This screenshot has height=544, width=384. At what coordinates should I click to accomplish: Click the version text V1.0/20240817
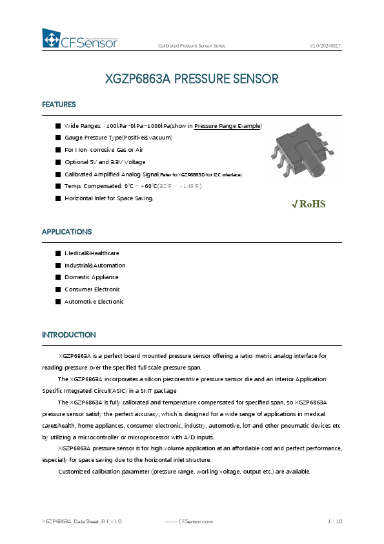325,46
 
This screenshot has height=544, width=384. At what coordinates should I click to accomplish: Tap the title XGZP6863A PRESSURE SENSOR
192,79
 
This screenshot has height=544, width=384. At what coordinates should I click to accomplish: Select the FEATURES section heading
59,105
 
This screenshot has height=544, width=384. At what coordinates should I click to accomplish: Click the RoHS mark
309,204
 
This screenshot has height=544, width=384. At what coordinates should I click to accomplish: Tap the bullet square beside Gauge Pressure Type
58,138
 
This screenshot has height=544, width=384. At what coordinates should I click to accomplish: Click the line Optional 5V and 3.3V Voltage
105,162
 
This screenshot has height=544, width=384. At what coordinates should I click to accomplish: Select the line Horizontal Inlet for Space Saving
108,198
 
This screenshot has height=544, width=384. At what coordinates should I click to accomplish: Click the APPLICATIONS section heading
66,231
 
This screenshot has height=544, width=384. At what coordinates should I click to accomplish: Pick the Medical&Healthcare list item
91,253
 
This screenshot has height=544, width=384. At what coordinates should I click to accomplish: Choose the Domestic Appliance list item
91,277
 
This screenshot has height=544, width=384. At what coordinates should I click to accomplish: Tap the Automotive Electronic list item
94,302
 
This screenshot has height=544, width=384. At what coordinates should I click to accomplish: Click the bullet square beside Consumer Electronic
58,289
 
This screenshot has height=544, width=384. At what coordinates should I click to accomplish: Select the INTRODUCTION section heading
68,335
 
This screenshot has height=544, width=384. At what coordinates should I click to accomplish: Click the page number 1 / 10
335,521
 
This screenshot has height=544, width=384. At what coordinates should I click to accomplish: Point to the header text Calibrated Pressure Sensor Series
192,46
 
